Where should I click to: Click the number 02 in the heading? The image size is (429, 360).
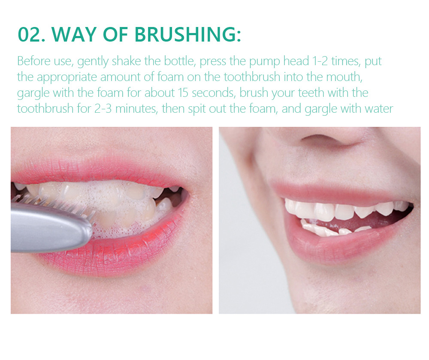pos(31,34)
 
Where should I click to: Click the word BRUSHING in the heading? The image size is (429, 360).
pos(188,34)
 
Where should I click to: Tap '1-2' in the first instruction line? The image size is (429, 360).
pos(320,61)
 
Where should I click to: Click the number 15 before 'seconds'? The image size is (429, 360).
pos(183,93)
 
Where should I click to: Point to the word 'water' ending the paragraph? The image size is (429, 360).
pos(379,109)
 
